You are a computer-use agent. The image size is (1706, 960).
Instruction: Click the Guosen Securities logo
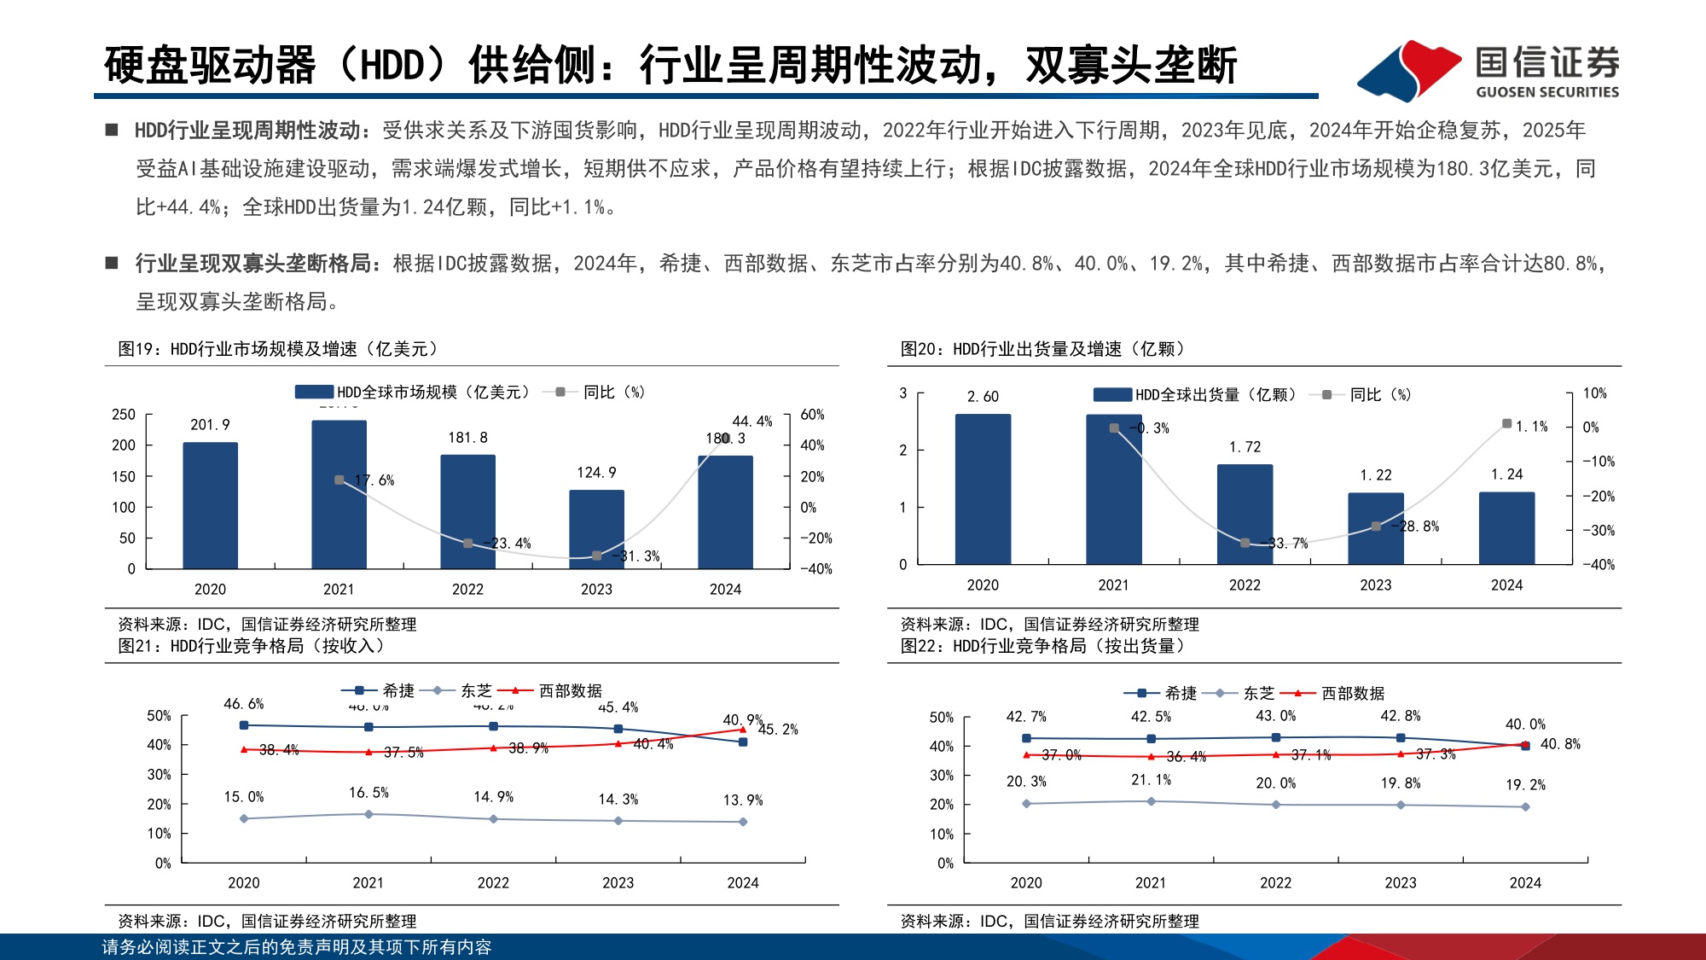point(1488,70)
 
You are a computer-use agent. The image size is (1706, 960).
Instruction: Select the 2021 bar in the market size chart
point(339,494)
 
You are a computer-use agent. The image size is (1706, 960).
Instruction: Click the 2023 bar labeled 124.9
point(596,529)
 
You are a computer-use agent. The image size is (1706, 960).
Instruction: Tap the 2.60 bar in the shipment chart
point(983,489)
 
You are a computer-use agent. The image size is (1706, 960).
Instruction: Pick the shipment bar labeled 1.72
point(1245,514)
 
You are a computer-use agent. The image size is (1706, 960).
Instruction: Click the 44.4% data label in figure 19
point(751,422)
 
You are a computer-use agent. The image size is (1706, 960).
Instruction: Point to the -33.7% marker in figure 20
point(1245,543)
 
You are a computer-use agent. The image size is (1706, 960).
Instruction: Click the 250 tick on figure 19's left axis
point(124,415)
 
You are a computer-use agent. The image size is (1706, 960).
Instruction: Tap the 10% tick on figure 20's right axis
point(1594,393)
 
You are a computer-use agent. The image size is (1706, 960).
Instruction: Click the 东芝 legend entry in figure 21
point(464,690)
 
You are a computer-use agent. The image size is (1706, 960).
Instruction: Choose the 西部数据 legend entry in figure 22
point(1340,693)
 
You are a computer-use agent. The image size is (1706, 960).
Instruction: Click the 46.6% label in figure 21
point(243,704)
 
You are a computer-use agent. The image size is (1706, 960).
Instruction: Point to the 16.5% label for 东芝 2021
point(368,793)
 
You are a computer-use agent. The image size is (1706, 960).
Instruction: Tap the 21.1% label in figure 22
point(1151,780)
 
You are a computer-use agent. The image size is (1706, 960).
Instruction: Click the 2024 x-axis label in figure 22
point(1525,882)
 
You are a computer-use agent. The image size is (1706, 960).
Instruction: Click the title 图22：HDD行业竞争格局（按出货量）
point(1042,646)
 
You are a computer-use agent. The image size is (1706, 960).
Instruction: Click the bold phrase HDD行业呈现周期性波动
point(247,131)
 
